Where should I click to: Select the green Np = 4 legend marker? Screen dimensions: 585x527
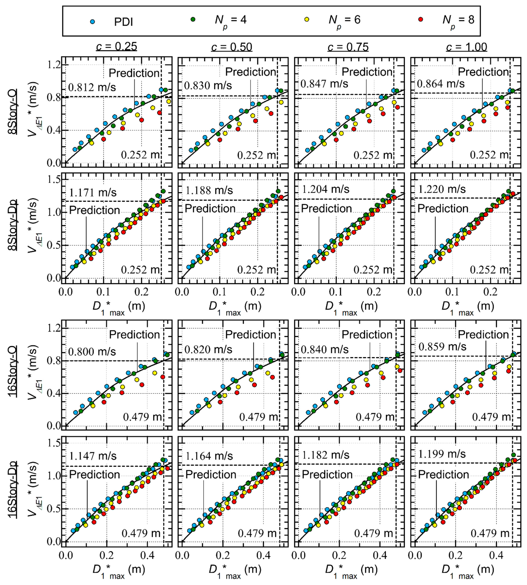[193, 19]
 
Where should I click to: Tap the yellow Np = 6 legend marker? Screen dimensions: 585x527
[307, 19]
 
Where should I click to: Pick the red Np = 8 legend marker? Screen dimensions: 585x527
[421, 19]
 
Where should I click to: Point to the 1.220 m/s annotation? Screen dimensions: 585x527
[442, 189]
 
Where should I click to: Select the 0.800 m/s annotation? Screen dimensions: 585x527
[92, 352]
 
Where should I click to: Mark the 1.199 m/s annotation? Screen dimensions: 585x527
[442, 454]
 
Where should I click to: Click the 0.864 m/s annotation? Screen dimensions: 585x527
[441, 84]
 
